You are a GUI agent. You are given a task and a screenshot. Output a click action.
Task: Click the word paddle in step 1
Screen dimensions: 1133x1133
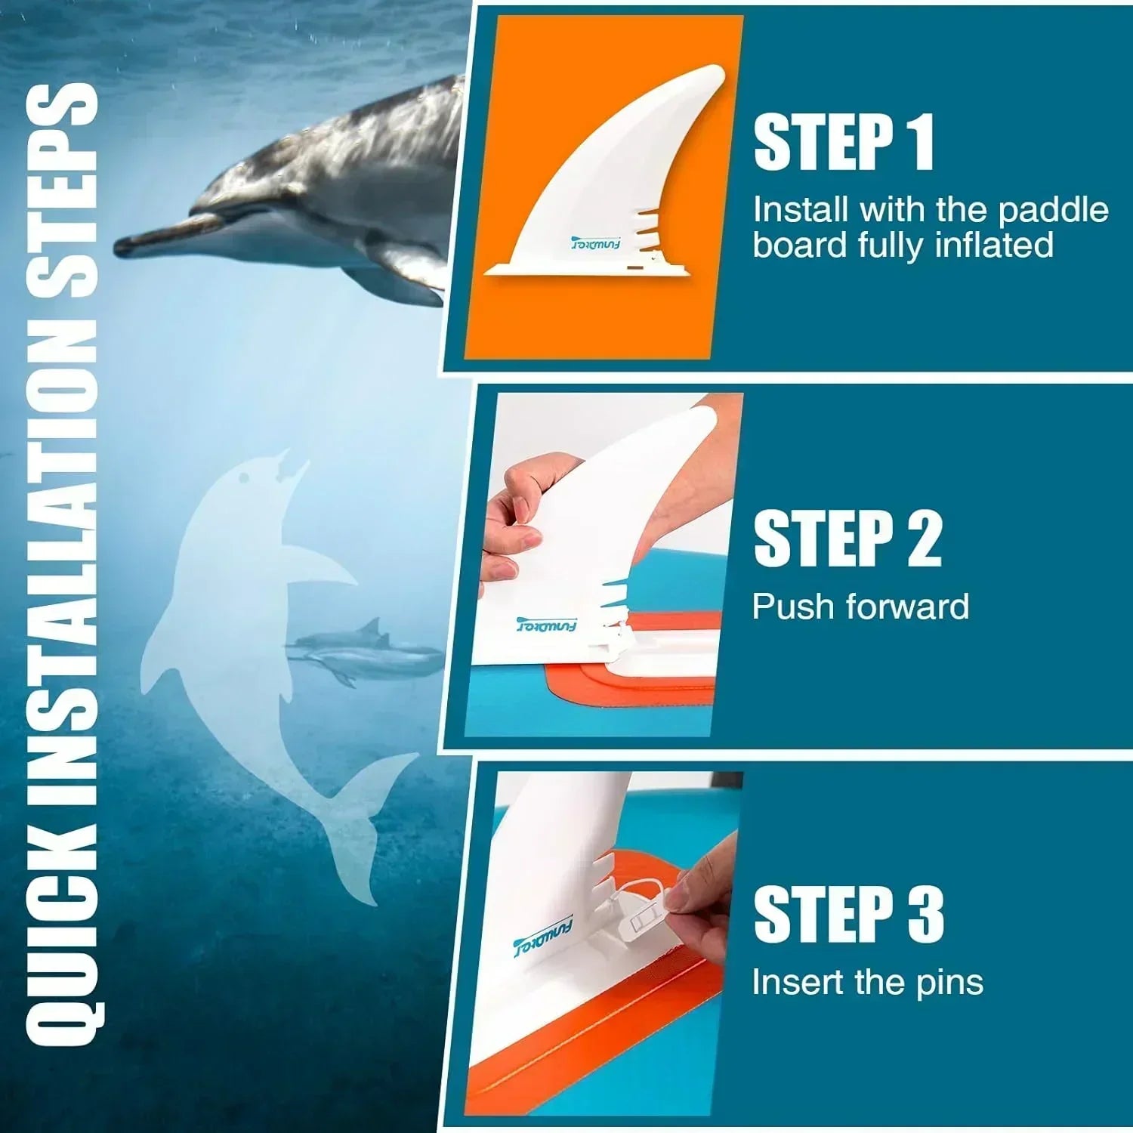point(1053,211)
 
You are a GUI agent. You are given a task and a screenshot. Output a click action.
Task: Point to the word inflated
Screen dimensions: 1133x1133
point(993,245)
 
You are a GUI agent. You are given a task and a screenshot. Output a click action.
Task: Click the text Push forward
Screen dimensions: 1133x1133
point(860,607)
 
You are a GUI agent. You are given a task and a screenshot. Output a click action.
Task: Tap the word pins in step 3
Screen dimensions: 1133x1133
point(949,983)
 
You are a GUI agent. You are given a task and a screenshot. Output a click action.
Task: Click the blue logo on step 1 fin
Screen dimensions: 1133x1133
point(595,245)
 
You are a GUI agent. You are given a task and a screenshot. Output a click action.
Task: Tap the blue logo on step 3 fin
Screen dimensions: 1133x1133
point(542,935)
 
